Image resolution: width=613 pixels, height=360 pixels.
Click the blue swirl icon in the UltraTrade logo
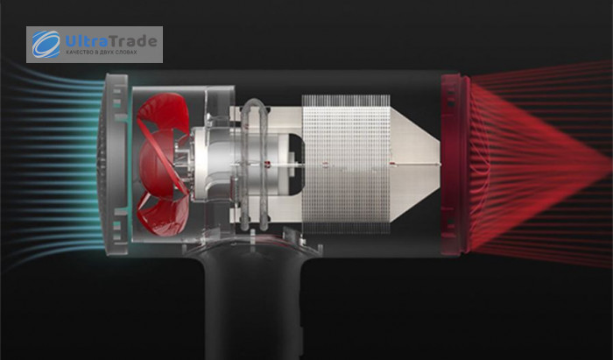point(46,44)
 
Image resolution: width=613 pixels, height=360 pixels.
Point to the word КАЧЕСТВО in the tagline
point(78,53)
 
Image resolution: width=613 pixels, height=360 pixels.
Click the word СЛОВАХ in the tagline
point(127,53)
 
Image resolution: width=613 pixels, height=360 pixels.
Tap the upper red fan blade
point(164,112)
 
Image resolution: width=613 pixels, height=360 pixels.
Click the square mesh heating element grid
point(346,164)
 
